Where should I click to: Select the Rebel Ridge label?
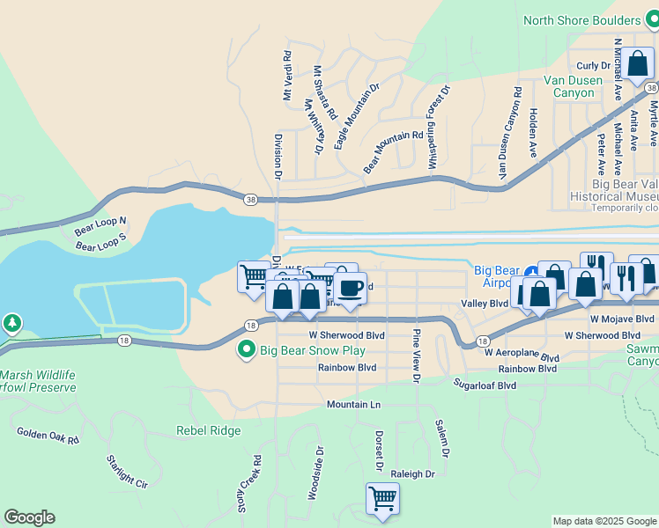click(x=208, y=430)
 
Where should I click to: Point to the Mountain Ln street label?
click(x=353, y=404)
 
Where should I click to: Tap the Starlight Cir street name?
click(x=127, y=471)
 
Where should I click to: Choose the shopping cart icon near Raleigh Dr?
click(x=382, y=498)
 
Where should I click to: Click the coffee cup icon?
click(x=350, y=288)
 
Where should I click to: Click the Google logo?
click(x=29, y=517)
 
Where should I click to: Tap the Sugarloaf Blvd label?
click(x=485, y=385)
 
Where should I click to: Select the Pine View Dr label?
click(x=415, y=357)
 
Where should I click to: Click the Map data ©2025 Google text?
click(x=604, y=521)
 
